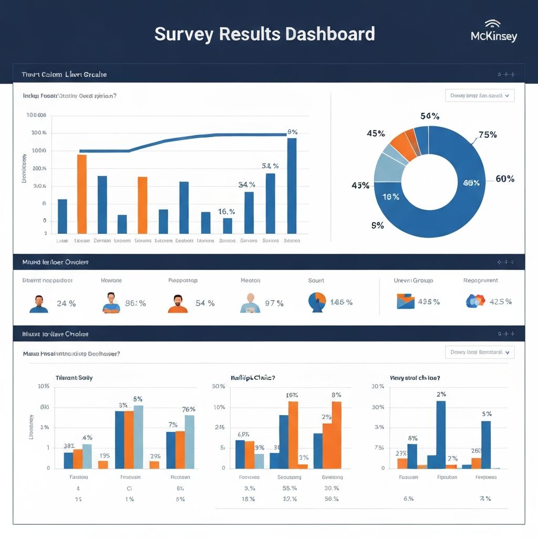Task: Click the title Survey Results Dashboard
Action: tap(264, 34)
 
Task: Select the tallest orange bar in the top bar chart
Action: tap(81, 193)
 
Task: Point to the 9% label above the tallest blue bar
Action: tap(293, 132)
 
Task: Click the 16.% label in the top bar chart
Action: tap(226, 211)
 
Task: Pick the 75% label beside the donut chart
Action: tap(487, 134)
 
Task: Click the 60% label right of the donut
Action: tap(504, 179)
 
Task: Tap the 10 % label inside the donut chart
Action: tap(390, 197)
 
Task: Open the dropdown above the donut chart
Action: tap(480, 96)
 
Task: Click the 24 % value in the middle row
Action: tap(66, 303)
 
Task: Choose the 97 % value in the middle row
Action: tap(274, 303)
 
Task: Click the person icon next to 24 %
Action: tap(39, 304)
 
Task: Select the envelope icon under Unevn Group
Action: tap(404, 301)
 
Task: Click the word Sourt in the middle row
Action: tap(316, 281)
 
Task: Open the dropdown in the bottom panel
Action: tap(480, 352)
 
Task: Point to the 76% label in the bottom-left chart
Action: tap(189, 409)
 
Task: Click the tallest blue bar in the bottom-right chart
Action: tap(441, 434)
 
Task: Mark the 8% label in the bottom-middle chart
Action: tap(336, 395)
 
